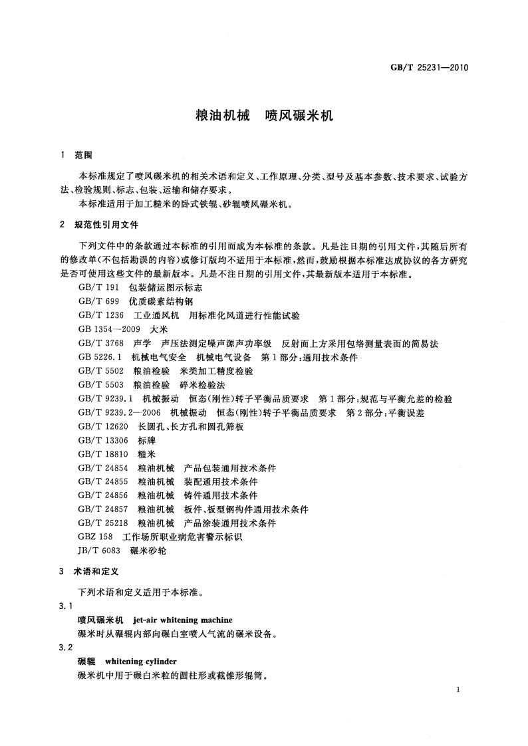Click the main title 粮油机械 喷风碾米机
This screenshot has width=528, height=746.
tap(263, 115)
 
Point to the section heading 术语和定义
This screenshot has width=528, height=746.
tap(97, 571)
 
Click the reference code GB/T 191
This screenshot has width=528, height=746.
tap(97, 288)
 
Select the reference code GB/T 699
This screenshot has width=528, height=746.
tap(97, 301)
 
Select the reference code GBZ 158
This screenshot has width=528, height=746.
tap(96, 537)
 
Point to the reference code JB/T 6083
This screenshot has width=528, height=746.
tap(99, 551)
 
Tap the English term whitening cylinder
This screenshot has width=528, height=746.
tap(141, 662)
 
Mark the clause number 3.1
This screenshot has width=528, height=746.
tap(65, 606)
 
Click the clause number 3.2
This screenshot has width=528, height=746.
tap(65, 648)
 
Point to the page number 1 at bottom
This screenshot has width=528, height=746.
tap(459, 691)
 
